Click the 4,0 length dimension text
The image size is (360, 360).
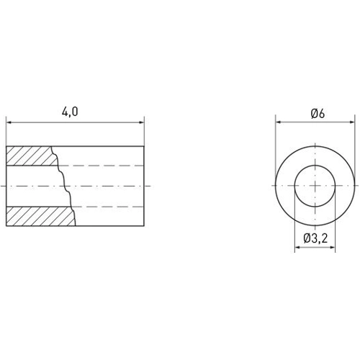[70, 112]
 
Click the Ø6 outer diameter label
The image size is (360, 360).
[318, 113]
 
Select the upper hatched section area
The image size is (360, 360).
[29, 156]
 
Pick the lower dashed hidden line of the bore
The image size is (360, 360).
[108, 207]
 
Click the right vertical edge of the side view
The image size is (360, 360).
[144, 186]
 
